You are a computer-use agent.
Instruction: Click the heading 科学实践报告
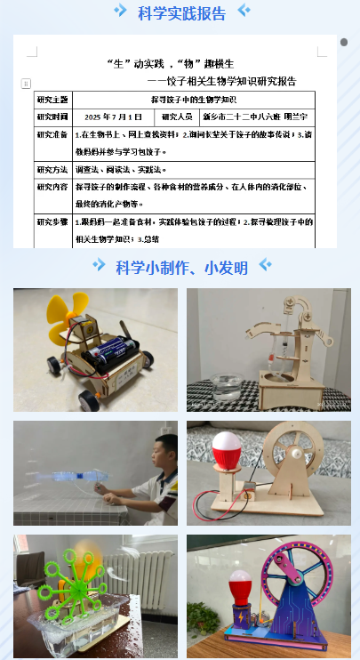(x=181, y=13)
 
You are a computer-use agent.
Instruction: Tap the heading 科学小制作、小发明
(x=181, y=267)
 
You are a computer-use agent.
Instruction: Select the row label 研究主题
(x=52, y=99)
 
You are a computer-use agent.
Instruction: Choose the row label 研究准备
(x=52, y=135)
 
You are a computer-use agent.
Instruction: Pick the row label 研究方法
(x=52, y=169)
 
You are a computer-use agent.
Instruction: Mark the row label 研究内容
(x=52, y=187)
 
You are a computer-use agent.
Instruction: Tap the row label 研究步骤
(x=52, y=221)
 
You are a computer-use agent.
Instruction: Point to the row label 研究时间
(x=52, y=117)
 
